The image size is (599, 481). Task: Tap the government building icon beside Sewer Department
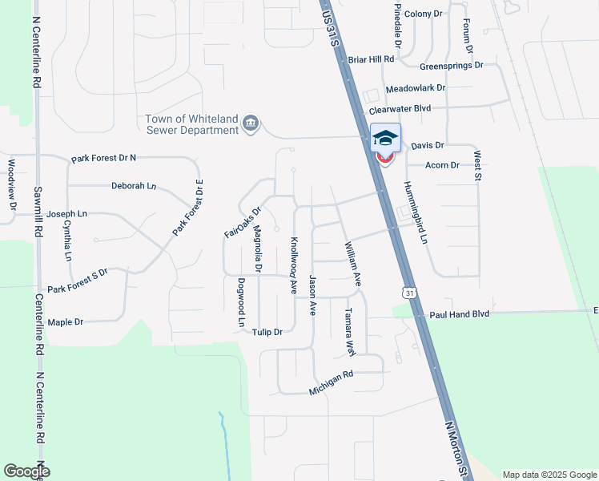pyautogui.click(x=251, y=123)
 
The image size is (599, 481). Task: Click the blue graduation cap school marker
pyautogui.click(x=385, y=138)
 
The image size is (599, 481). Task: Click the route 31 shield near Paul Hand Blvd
pyautogui.click(x=411, y=293)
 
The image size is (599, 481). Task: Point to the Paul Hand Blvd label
pyautogui.click(x=459, y=315)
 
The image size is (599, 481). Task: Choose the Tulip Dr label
pyautogui.click(x=267, y=332)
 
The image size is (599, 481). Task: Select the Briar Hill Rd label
pyautogui.click(x=372, y=59)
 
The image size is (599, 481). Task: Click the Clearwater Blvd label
pyautogui.click(x=400, y=108)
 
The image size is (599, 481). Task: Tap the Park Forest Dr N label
pyautogui.click(x=104, y=159)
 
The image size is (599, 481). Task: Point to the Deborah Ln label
pyautogui.click(x=133, y=186)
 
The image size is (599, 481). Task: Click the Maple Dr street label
pyautogui.click(x=66, y=322)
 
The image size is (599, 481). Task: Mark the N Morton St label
pyautogui.click(x=456, y=447)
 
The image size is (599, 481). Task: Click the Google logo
pyautogui.click(x=26, y=471)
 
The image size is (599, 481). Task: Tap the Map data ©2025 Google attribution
pyautogui.click(x=549, y=475)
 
